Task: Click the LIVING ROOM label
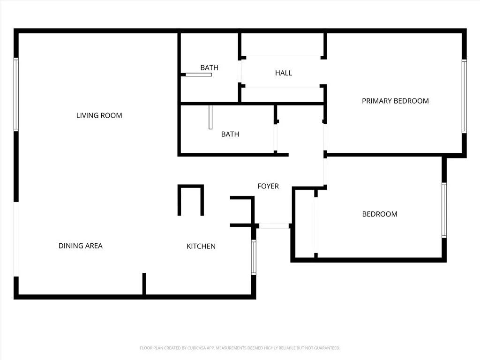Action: coord(99,115)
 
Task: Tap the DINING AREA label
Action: coord(80,246)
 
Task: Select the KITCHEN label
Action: coord(201,246)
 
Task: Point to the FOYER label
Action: coord(268,186)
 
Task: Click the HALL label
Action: coord(284,73)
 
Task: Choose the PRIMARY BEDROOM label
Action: coord(395,101)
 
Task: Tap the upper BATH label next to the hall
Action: coord(209,67)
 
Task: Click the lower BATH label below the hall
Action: coord(230,134)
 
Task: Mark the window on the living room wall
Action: coord(16,94)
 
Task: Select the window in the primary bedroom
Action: coord(464,96)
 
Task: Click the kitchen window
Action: coord(254,257)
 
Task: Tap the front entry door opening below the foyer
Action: coord(274,226)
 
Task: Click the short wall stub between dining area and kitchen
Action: coord(144,284)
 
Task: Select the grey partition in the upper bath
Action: coord(198,75)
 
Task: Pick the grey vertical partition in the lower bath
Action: coord(211,117)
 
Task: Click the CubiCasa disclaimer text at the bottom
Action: coord(240,348)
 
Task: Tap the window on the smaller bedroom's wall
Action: coord(444,210)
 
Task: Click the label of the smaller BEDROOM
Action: coord(379,214)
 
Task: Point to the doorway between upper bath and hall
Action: coord(240,71)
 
